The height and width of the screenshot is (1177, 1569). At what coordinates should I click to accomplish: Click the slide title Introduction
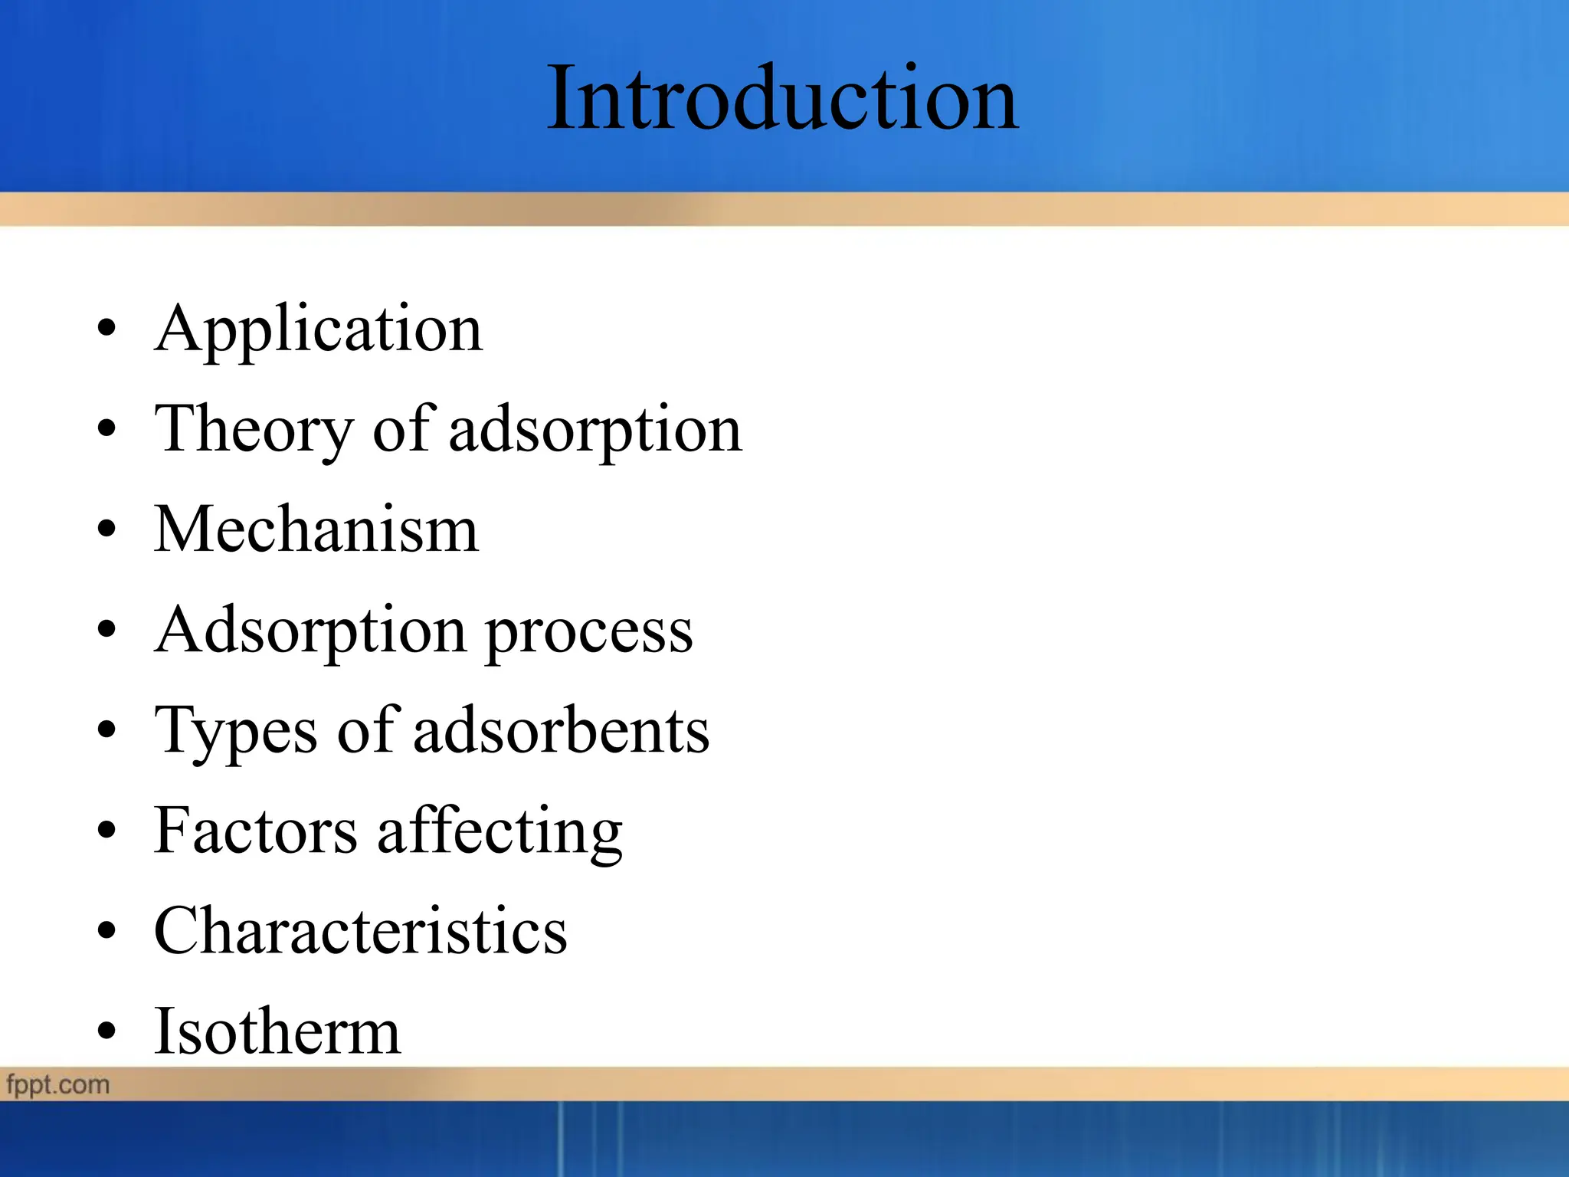point(781,100)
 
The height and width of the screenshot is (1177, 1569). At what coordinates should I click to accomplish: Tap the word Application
point(319,329)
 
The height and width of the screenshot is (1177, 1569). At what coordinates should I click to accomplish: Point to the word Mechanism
point(316,530)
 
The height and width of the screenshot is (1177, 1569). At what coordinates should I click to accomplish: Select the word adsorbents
point(562,731)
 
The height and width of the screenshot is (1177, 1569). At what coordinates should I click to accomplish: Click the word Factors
point(255,831)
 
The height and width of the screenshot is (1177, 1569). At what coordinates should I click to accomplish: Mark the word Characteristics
point(360,931)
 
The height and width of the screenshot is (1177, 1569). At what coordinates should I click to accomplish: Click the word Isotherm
point(277,1032)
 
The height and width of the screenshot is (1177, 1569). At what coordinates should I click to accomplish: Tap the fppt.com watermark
point(58,1085)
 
